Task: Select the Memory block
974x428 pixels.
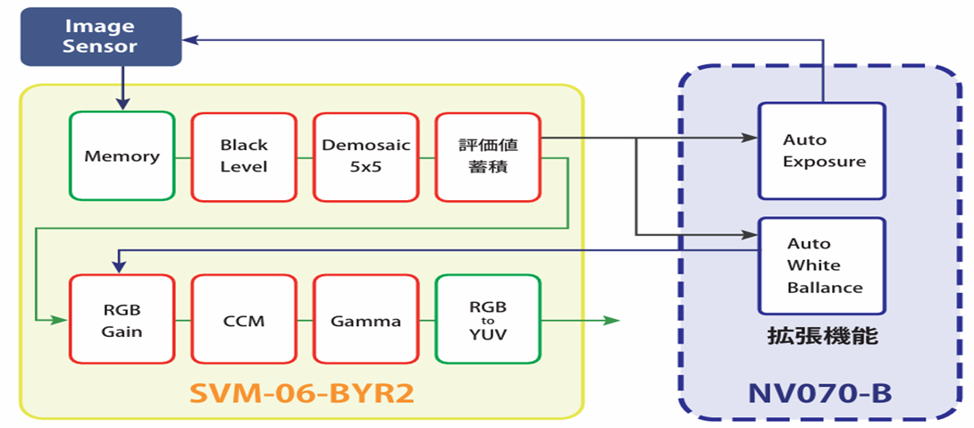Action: click(x=122, y=156)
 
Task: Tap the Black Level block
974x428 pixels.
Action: click(x=244, y=156)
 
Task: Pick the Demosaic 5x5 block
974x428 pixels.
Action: click(x=365, y=156)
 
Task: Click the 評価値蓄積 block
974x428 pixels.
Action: click(x=487, y=156)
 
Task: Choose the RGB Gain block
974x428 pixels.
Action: click(x=122, y=319)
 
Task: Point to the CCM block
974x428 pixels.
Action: click(x=244, y=319)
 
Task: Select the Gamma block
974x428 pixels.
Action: click(x=365, y=319)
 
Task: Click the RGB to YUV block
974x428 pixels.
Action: click(x=487, y=319)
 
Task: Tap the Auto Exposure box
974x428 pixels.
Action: click(x=821, y=150)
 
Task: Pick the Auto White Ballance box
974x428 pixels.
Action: click(x=821, y=265)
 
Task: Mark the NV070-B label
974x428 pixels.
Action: click(x=820, y=394)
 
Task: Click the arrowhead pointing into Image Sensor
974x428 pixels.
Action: click(x=190, y=39)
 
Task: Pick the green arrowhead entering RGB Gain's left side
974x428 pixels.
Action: click(x=60, y=319)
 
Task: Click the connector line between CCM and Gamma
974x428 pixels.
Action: click(x=305, y=320)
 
